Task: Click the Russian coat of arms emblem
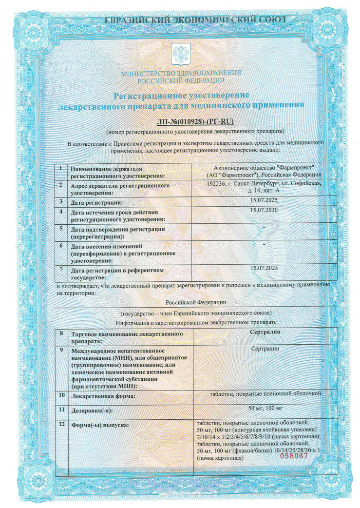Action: (x=180, y=54)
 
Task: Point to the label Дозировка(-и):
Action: (x=94, y=411)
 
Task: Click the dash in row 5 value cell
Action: (x=263, y=227)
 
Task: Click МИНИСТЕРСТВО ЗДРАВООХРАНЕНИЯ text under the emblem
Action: (x=181, y=74)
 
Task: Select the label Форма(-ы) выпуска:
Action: (x=100, y=425)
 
